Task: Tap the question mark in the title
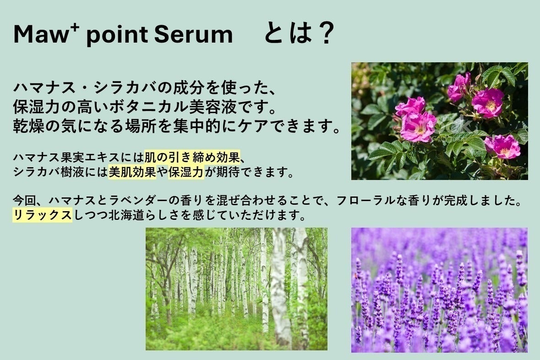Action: click(x=326, y=34)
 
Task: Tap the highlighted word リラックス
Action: click(x=42, y=215)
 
